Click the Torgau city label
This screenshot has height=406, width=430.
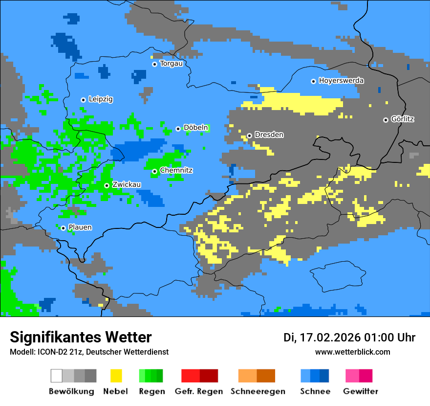(x=171, y=64)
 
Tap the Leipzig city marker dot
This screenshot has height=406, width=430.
(x=83, y=100)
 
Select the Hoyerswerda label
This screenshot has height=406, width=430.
(x=341, y=81)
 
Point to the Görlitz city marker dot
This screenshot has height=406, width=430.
(x=386, y=120)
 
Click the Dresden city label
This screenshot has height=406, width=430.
(x=269, y=135)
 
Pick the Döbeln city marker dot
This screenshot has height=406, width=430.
(x=178, y=129)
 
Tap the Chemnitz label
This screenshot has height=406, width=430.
(x=176, y=170)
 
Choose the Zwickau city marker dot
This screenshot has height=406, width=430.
(x=107, y=185)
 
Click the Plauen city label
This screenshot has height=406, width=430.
(x=80, y=227)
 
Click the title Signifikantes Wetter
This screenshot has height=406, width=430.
(x=81, y=337)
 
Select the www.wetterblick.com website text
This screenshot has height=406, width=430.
(x=352, y=352)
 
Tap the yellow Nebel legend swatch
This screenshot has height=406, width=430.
(x=116, y=376)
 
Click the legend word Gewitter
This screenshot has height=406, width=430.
(x=360, y=391)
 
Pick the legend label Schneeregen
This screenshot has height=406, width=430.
(x=258, y=391)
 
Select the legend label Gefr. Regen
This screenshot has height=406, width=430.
(x=199, y=391)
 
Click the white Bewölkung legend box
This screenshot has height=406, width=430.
(x=56, y=376)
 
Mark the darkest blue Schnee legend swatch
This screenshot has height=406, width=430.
(x=324, y=376)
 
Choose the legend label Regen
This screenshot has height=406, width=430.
(x=151, y=391)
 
